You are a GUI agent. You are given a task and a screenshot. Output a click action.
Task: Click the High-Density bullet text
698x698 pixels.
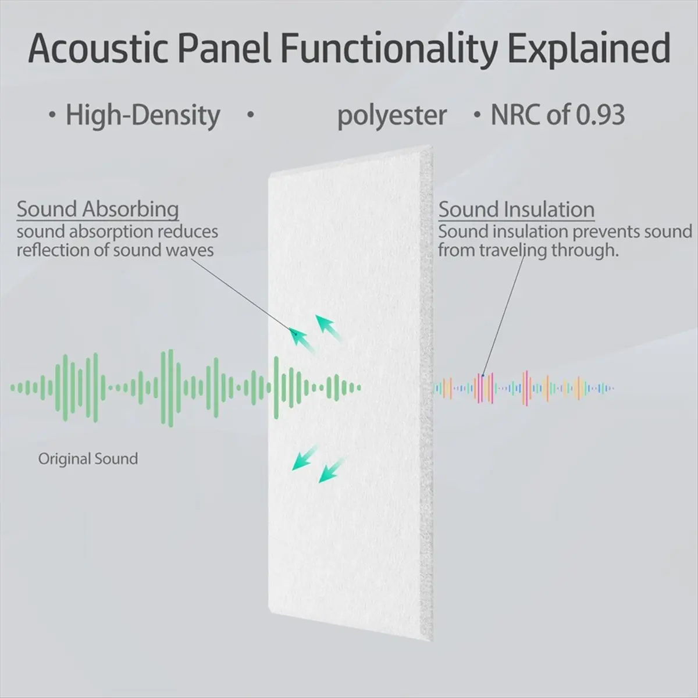click(143, 115)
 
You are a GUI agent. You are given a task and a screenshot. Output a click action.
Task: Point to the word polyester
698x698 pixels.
click(392, 115)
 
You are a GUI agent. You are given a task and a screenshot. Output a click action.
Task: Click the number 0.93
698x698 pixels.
click(600, 115)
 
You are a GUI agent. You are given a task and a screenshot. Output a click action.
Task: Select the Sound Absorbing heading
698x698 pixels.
click(97, 209)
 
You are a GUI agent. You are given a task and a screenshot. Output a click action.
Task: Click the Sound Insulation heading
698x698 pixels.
click(516, 209)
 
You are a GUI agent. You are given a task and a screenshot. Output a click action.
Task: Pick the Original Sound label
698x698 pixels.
click(88, 459)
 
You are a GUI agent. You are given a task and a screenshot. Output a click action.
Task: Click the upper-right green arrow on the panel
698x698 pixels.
click(328, 327)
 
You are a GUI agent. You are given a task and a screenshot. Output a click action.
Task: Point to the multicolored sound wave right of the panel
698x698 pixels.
click(523, 388)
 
